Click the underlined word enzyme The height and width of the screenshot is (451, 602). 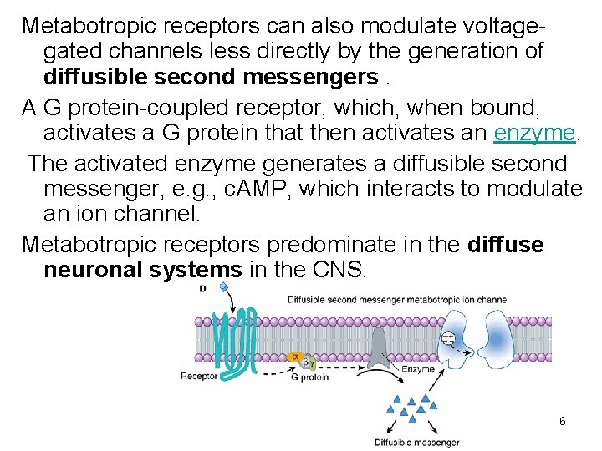tap(534, 134)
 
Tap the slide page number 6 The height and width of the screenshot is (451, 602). tap(563, 421)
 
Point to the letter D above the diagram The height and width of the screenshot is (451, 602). tap(203, 289)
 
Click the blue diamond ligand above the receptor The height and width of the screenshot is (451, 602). tap(222, 286)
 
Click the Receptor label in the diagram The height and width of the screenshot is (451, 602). tap(199, 376)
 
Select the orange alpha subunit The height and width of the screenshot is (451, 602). tap(293, 357)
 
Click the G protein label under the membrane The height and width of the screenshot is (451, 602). tap(309, 378)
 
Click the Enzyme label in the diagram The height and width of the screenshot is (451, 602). tap(417, 368)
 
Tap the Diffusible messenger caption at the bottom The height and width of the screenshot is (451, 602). tap(417, 442)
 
